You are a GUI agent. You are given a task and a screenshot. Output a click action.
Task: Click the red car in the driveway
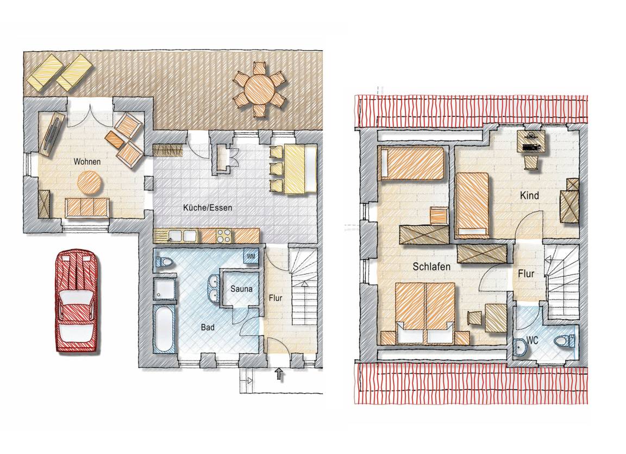pos(77,301)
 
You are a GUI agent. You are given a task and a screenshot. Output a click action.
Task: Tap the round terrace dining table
pos(260,89)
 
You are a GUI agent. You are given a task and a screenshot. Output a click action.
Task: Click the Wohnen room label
pos(87,161)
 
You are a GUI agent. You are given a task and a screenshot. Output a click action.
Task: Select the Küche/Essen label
pos(207,208)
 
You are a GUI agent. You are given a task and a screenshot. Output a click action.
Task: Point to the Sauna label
pos(241,289)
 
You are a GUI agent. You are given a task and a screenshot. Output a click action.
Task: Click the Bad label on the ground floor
pos(208,327)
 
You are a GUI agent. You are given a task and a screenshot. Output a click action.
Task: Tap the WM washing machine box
pos(251,256)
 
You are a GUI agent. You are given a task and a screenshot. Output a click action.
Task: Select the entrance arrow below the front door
pos(279,374)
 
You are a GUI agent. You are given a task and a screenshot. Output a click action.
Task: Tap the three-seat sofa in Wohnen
pos(87,208)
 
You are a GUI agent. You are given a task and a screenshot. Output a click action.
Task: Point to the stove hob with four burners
pos(224,235)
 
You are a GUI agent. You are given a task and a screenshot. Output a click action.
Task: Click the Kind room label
pos(529,196)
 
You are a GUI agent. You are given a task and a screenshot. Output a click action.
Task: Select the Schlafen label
pos(431,267)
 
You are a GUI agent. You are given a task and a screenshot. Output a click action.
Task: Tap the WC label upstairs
pos(532,340)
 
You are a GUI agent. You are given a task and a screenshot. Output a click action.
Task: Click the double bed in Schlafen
pos(425,313)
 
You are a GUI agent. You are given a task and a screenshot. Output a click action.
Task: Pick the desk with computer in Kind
pos(530,142)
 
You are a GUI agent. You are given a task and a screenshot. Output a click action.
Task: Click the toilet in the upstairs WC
pos(565,341)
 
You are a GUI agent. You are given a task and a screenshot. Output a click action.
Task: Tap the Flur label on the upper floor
pos(526,274)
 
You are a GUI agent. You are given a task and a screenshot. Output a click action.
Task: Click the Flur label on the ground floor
pos(276,298)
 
